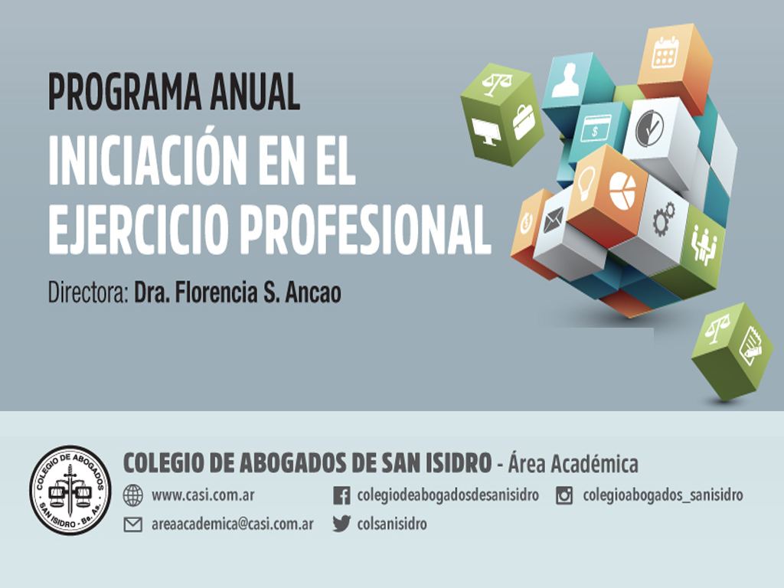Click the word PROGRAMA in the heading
tap(125, 92)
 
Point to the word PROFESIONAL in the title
tap(366, 229)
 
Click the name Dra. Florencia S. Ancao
tap(237, 292)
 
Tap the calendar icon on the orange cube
tap(665, 52)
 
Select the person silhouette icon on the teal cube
tap(566, 80)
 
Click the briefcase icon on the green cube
tap(524, 122)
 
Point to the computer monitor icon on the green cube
tap(485, 132)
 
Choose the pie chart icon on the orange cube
tap(622, 191)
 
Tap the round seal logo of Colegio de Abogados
tap(70, 490)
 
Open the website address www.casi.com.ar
tap(203, 495)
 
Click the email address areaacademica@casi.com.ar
tap(233, 524)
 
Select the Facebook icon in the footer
tap(341, 495)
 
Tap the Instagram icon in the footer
tap(564, 495)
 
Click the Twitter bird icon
tap(341, 524)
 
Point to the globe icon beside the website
tap(133, 495)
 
